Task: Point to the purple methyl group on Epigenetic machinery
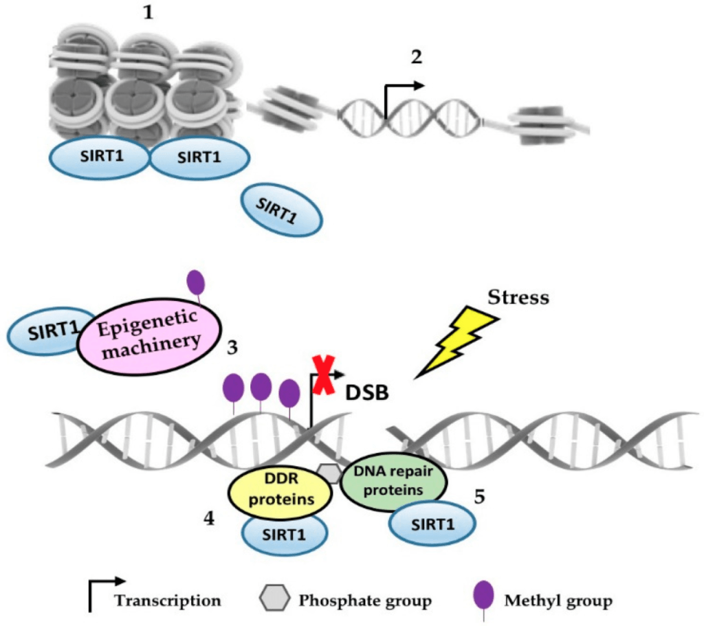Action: click(x=197, y=283)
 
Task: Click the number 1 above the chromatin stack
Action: click(x=146, y=14)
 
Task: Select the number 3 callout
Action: click(x=232, y=348)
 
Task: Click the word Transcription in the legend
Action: click(x=168, y=600)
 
